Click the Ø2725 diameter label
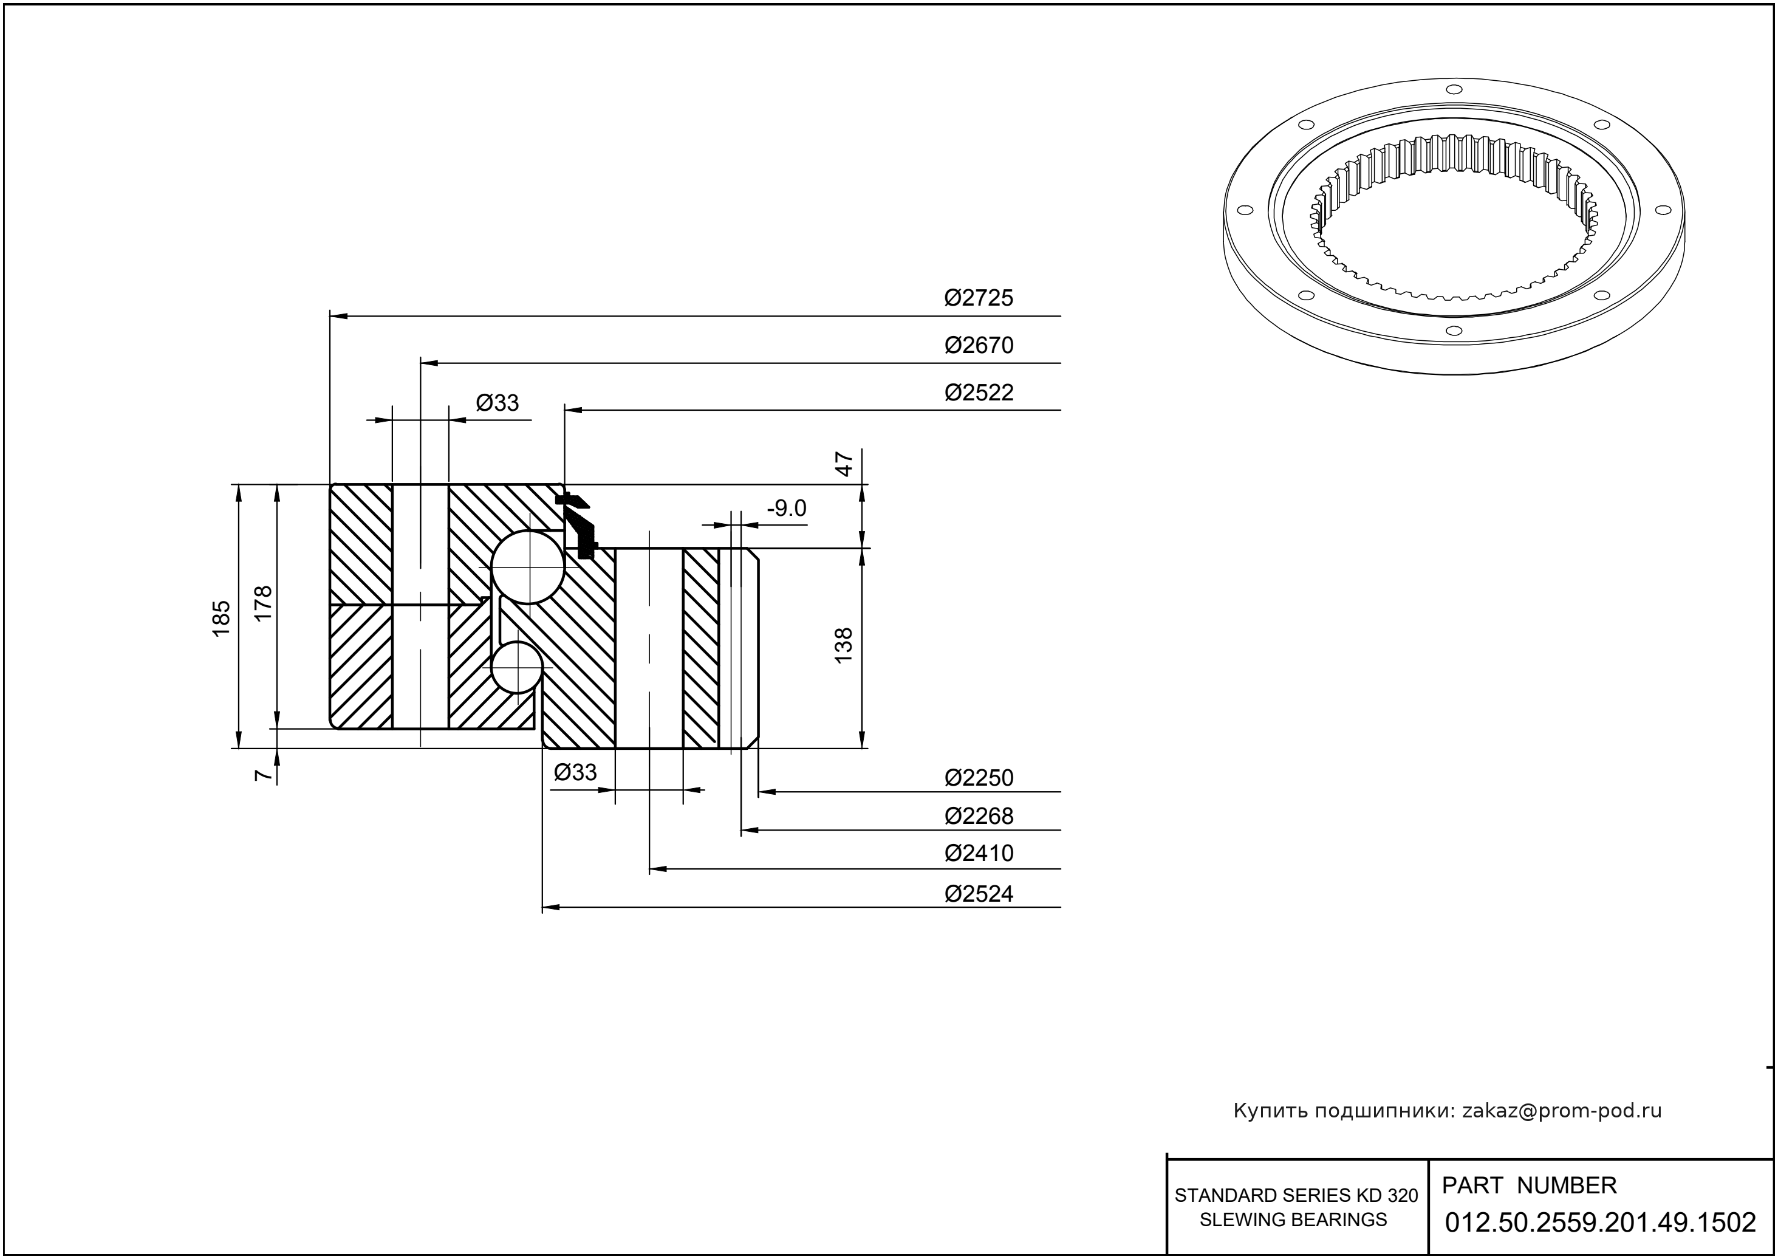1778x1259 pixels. click(x=978, y=298)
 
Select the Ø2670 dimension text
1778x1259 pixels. click(x=978, y=346)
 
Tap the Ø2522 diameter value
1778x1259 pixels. click(x=978, y=393)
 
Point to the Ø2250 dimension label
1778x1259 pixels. click(x=978, y=778)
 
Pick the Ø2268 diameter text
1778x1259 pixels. click(x=978, y=816)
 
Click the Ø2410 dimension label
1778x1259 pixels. click(x=978, y=854)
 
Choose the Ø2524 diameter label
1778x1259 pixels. click(x=978, y=894)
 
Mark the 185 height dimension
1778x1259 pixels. click(x=222, y=618)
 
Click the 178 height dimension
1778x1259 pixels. click(x=264, y=602)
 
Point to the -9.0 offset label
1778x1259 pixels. click(x=786, y=509)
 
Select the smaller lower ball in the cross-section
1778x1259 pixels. click(x=515, y=667)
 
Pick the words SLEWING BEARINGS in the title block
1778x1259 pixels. click(x=1293, y=1220)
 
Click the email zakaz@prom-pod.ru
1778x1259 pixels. click(x=1561, y=1111)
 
